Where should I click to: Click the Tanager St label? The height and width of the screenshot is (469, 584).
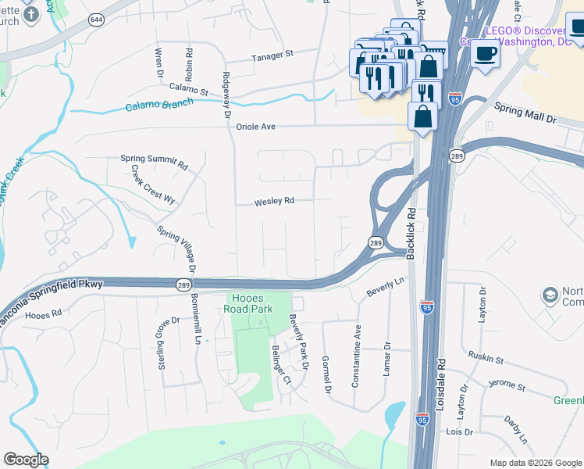pos(271,55)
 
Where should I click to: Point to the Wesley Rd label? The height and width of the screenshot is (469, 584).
pos(273,201)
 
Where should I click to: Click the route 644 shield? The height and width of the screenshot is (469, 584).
pos(97,19)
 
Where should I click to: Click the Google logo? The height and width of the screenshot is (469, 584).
pos(26,460)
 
